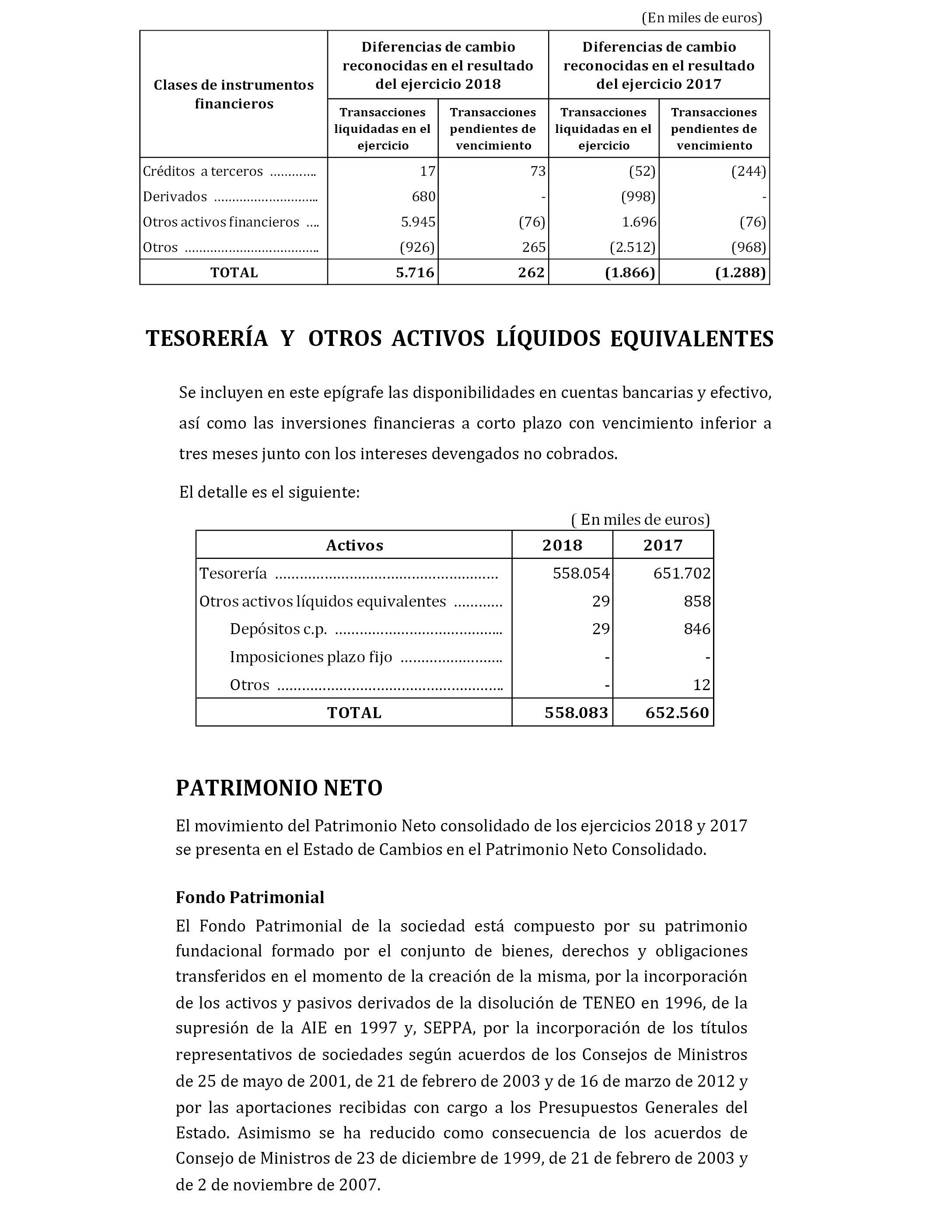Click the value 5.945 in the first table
coord(418,222)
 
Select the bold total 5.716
coord(415,272)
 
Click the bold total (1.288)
coord(741,272)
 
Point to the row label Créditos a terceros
coord(203,171)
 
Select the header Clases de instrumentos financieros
coord(234,94)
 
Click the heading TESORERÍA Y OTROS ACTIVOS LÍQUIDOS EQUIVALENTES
coord(459,338)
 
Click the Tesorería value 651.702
coord(682,573)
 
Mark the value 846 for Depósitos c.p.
coord(697,629)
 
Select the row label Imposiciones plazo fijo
coord(311,657)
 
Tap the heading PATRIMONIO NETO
coord(279,788)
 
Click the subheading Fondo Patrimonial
coord(250,897)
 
